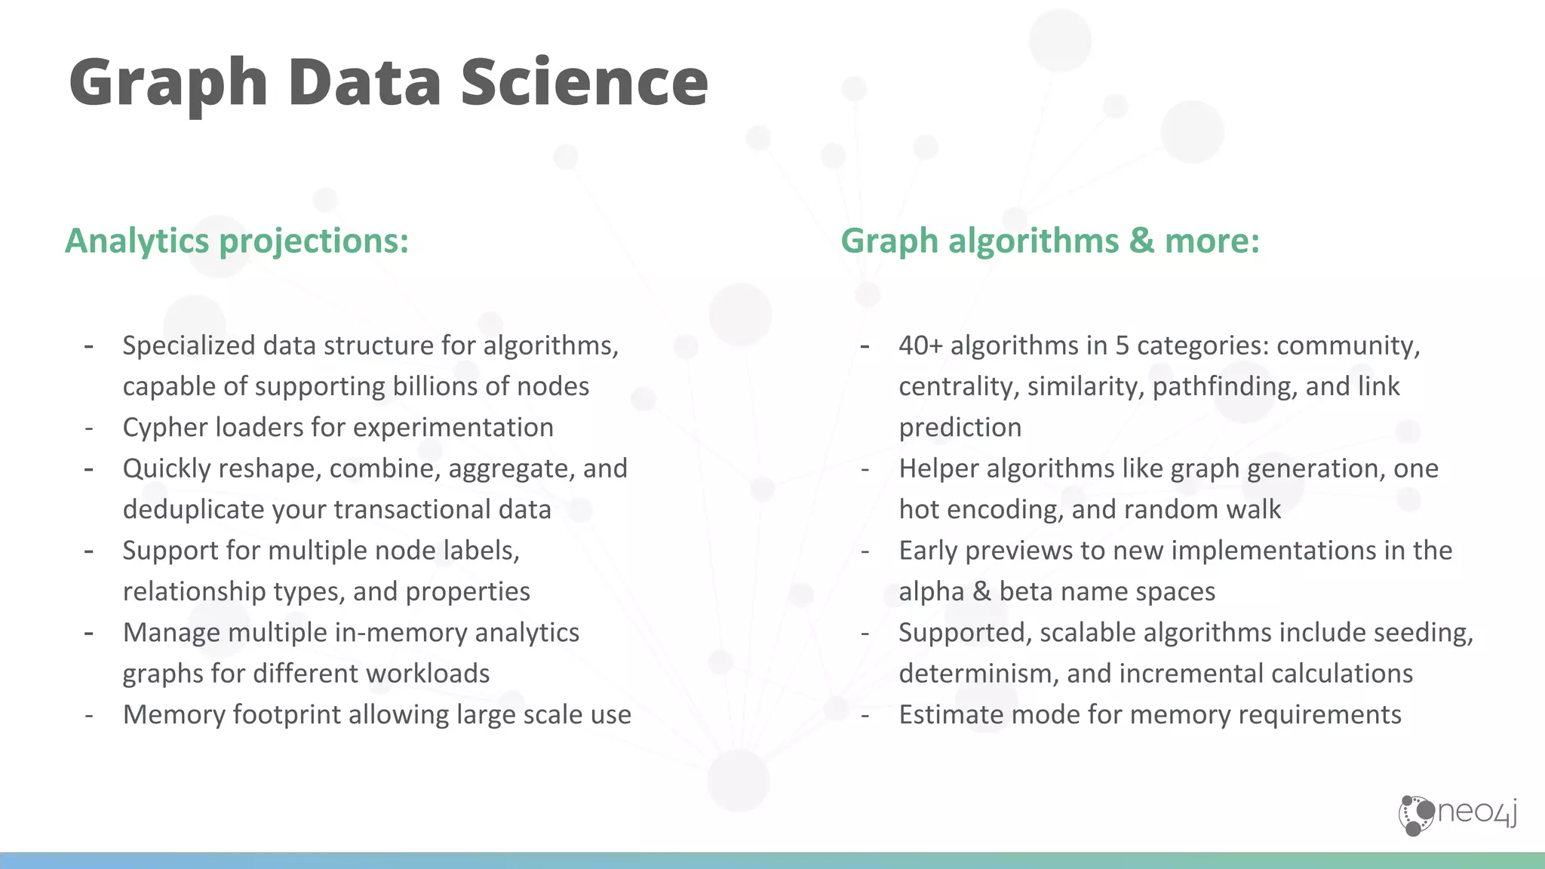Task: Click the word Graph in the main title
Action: click(168, 83)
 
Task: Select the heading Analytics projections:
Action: click(237, 241)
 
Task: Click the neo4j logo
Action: click(1457, 815)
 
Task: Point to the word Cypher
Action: click(165, 428)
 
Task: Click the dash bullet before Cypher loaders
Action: click(89, 428)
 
